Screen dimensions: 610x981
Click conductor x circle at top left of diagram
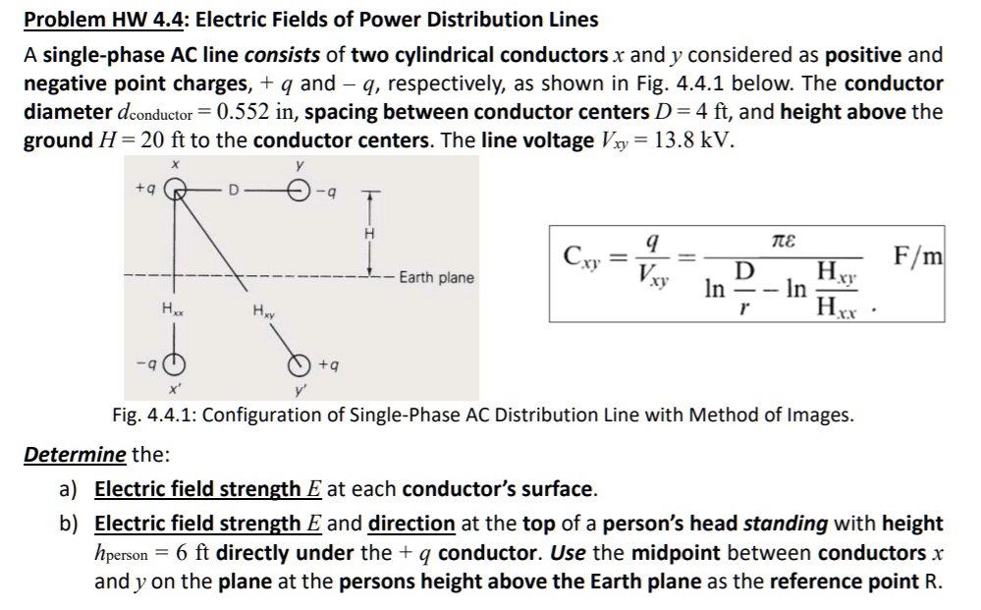pos(175,186)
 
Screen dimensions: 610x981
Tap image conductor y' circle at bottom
pos(299,365)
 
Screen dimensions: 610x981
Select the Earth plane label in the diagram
pos(436,278)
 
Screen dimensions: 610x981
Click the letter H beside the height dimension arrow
pos(369,233)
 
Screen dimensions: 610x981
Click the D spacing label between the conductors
pos(234,187)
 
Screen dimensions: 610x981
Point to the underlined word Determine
pos(75,456)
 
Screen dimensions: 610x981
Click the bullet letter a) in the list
pos(72,489)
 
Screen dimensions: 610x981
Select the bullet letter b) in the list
pos(72,524)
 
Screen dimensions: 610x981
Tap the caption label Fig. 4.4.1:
pos(161,416)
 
